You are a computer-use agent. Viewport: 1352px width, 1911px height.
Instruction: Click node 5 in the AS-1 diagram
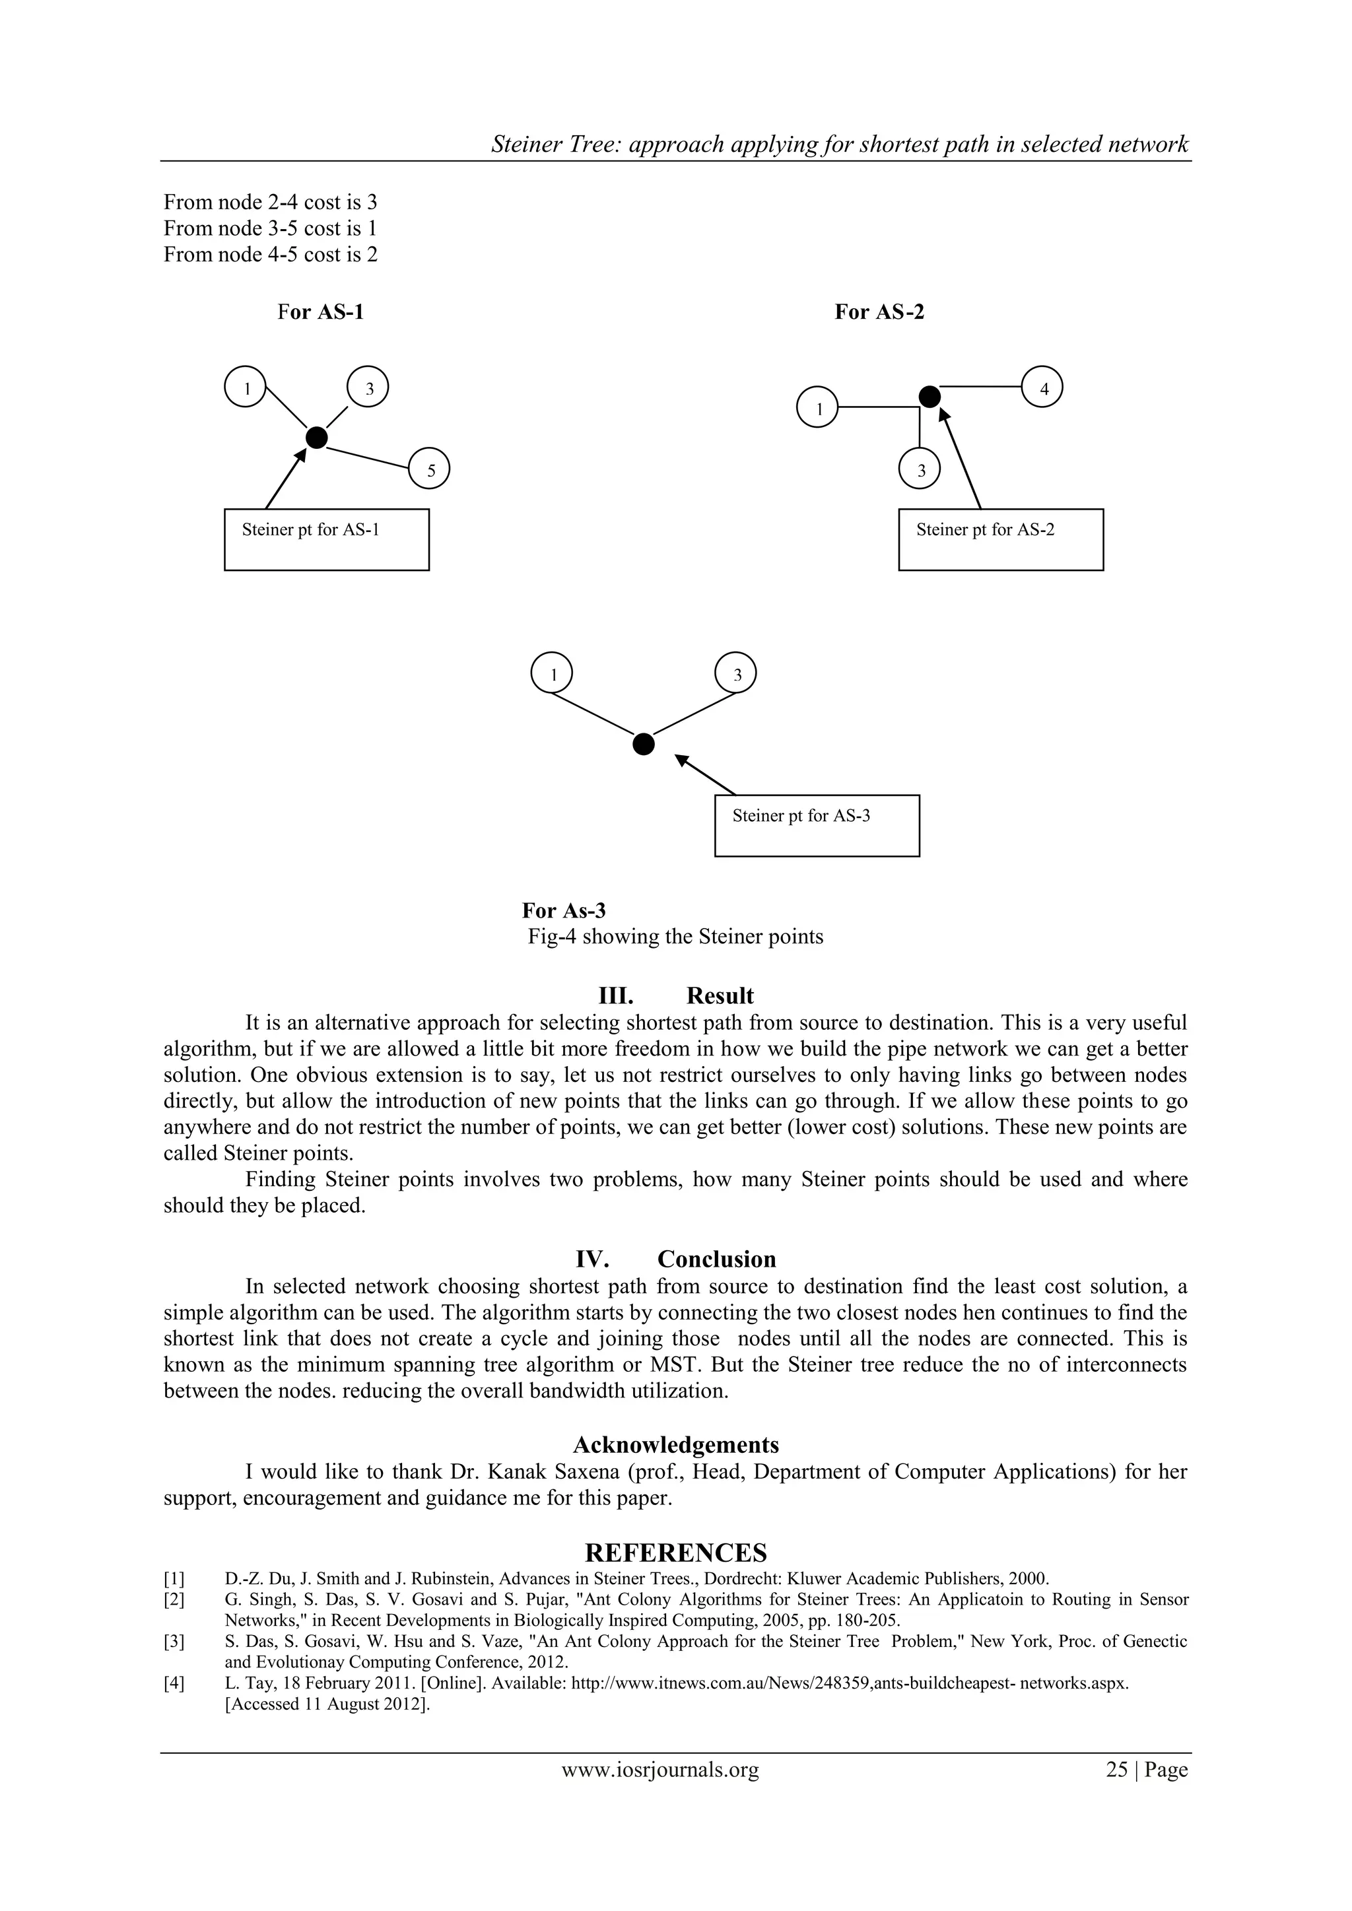[x=430, y=469]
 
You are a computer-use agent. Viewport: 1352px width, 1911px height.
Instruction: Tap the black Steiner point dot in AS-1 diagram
[x=316, y=437]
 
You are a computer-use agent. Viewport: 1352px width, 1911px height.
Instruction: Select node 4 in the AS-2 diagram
[x=1043, y=387]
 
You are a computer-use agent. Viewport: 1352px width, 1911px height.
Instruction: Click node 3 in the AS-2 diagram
[x=920, y=469]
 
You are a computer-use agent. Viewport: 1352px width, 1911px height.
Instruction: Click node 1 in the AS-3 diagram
[x=552, y=673]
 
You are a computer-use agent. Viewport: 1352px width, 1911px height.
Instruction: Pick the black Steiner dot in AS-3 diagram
[x=644, y=743]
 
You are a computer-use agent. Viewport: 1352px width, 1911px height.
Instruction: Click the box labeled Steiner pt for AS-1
[x=326, y=539]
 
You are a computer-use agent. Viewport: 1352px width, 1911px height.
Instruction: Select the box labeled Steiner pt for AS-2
[x=1001, y=539]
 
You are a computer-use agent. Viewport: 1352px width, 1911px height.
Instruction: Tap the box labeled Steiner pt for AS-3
[x=817, y=825]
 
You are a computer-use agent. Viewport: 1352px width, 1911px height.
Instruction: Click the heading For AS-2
[x=879, y=312]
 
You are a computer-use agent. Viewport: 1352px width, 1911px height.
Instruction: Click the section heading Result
[x=720, y=995]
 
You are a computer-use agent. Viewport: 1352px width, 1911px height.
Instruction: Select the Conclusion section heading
[x=716, y=1258]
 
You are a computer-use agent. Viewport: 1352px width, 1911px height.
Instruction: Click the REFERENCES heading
[x=676, y=1553]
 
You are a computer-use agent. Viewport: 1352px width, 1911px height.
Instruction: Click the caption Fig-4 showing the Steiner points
[x=675, y=936]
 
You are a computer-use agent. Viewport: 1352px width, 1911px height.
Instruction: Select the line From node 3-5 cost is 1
[x=271, y=228]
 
